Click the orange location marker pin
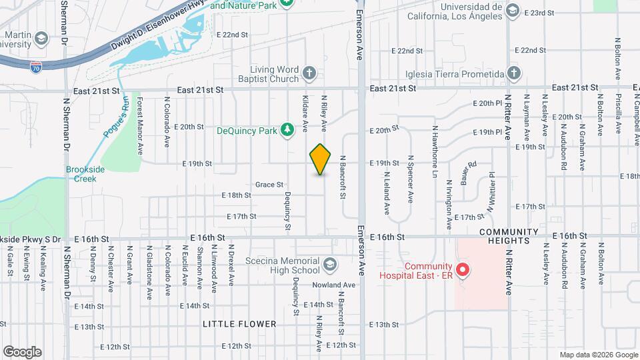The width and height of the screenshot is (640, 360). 320,159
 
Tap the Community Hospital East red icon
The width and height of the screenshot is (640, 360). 463,271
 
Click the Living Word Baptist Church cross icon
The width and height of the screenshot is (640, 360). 309,72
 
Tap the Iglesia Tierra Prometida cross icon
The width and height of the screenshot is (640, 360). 513,73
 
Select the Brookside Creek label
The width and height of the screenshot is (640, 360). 85,174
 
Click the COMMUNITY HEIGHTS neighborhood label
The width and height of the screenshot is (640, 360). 508,236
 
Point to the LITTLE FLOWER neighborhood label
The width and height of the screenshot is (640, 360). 240,324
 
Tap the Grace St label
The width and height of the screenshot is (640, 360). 269,185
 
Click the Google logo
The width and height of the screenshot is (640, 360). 22,351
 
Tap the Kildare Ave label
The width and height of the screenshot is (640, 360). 305,111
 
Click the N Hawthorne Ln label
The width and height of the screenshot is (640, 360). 434,143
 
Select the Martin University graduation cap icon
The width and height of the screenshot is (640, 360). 41,38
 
